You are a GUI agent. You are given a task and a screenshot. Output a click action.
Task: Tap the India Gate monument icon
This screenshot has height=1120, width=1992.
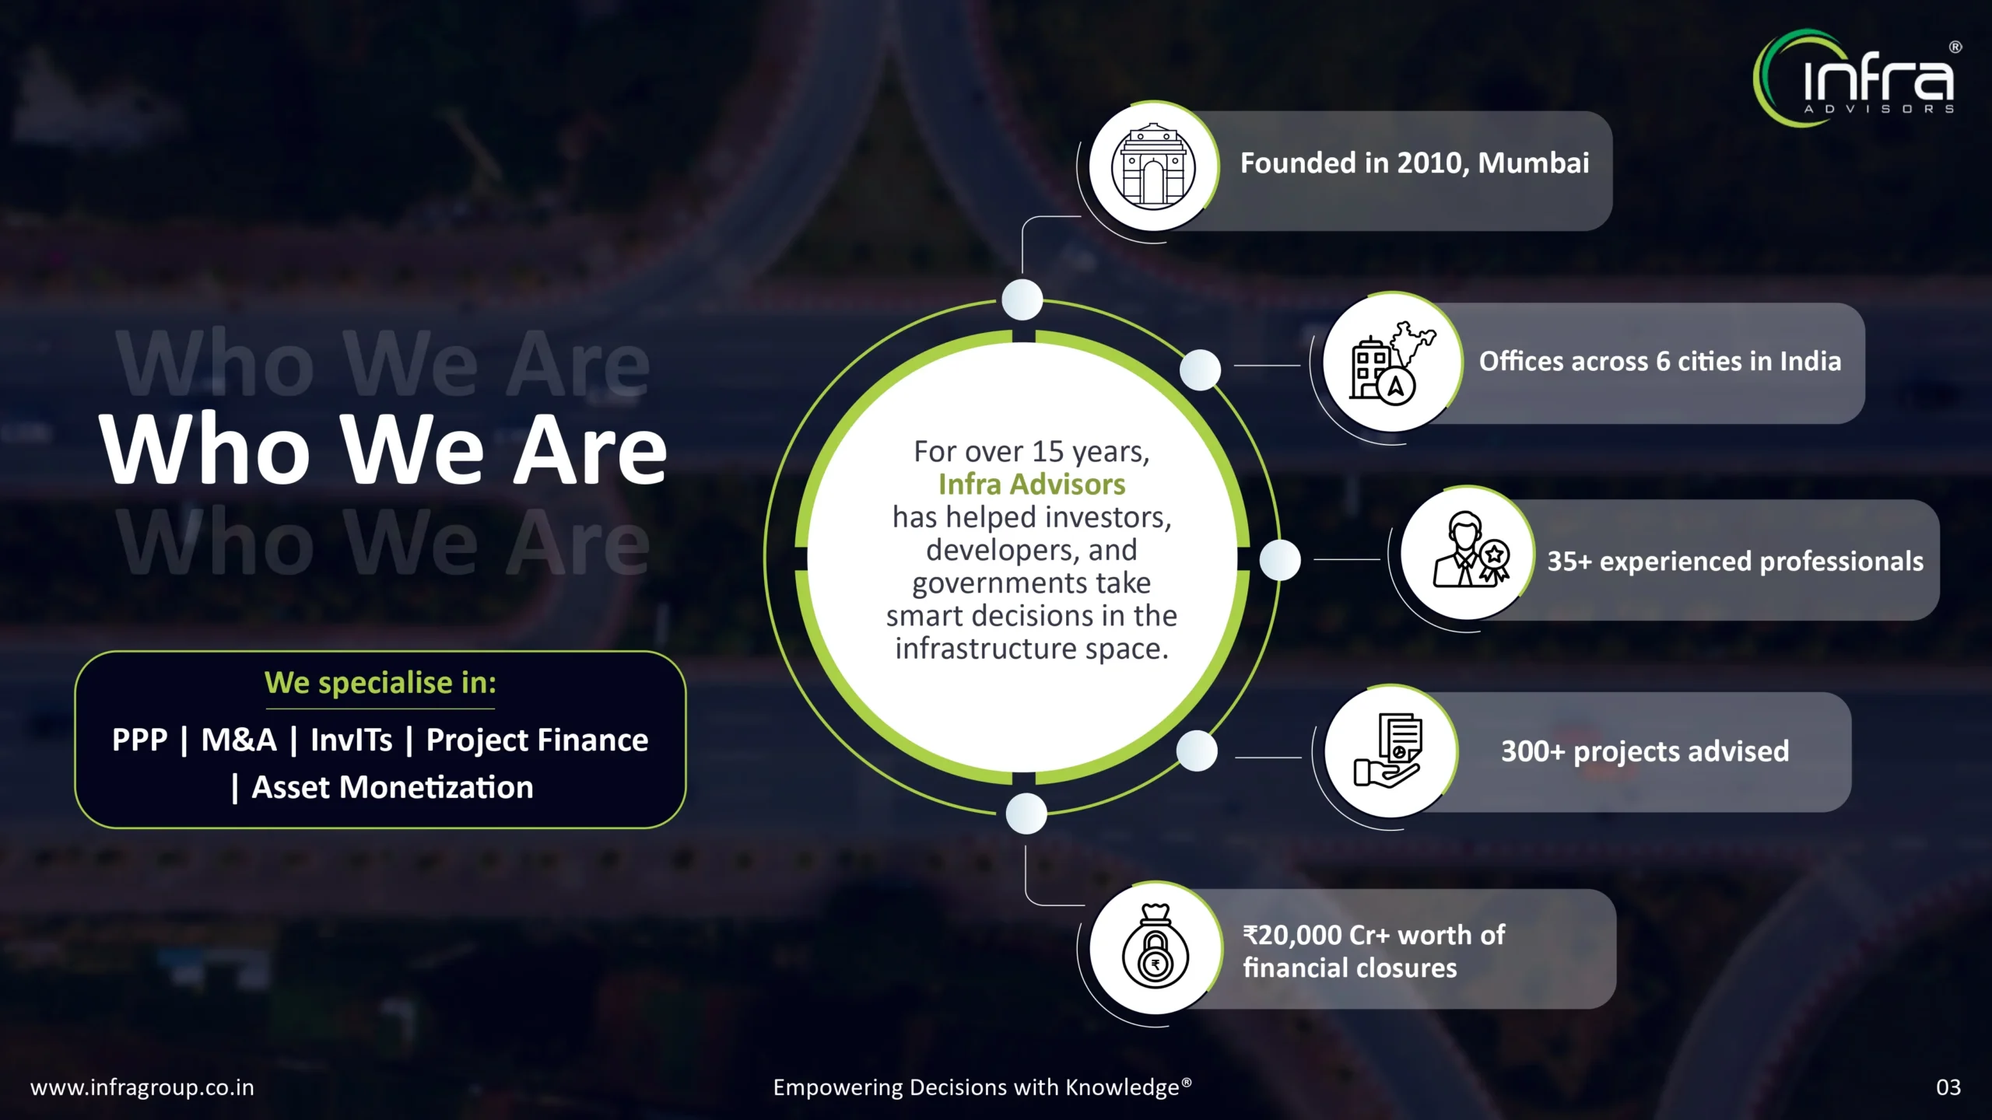click(1152, 166)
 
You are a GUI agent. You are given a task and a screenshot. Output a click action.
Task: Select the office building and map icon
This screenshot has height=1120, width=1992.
click(1391, 361)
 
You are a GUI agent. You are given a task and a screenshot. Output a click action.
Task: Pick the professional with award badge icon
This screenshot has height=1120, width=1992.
click(1469, 552)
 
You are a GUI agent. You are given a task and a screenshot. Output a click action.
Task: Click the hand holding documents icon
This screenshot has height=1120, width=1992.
click(1390, 750)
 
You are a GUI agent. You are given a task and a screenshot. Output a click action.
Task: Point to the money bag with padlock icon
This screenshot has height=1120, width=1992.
click(1156, 947)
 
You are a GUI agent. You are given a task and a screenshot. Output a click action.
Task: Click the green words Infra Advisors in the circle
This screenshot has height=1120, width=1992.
click(1032, 485)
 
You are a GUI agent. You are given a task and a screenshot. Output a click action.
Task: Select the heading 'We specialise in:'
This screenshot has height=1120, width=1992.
click(381, 683)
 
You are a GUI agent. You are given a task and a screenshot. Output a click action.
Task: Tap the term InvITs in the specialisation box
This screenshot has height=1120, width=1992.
click(351, 740)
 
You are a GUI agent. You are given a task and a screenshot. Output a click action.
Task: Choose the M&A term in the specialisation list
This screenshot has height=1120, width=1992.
click(239, 740)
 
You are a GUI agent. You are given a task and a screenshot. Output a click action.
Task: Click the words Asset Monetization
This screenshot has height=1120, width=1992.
click(392, 788)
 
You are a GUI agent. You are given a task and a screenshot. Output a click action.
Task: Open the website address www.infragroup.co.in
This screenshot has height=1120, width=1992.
click(142, 1087)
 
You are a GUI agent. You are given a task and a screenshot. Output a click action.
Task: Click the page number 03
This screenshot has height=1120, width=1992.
click(1948, 1087)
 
